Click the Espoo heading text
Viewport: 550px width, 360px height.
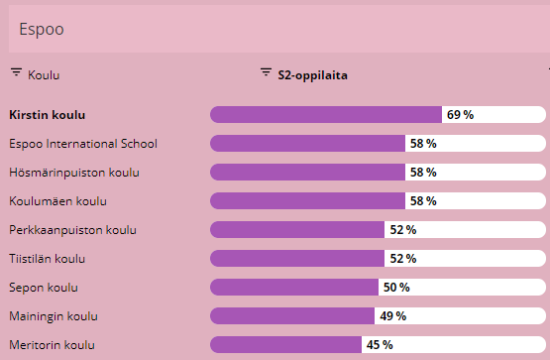point(42,30)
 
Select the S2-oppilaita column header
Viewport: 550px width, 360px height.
point(311,74)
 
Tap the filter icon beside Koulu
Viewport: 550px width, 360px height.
point(16,73)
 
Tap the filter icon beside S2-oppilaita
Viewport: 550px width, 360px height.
point(266,73)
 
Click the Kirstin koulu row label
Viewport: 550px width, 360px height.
point(54,115)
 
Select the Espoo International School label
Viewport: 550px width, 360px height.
point(82,144)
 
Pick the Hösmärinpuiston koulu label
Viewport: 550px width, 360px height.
point(73,173)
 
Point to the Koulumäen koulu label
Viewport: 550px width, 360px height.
point(57,201)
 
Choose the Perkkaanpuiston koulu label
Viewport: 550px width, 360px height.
point(72,230)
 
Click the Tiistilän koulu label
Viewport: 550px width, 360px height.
point(48,259)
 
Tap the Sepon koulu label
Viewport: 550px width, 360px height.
point(43,288)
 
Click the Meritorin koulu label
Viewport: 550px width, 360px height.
point(52,345)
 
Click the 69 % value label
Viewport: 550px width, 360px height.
point(460,115)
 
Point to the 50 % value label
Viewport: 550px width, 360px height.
point(396,288)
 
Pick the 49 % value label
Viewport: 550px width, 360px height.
point(391,316)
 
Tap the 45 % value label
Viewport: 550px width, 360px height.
point(380,345)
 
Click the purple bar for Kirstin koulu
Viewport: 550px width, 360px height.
point(325,115)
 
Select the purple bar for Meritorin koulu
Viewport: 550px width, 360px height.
point(285,345)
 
